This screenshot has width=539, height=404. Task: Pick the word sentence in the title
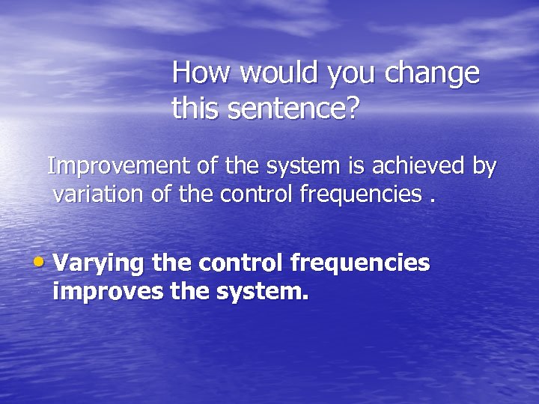point(281,109)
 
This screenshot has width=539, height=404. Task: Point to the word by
point(484,168)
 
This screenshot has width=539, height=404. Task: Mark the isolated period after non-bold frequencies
point(431,201)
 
